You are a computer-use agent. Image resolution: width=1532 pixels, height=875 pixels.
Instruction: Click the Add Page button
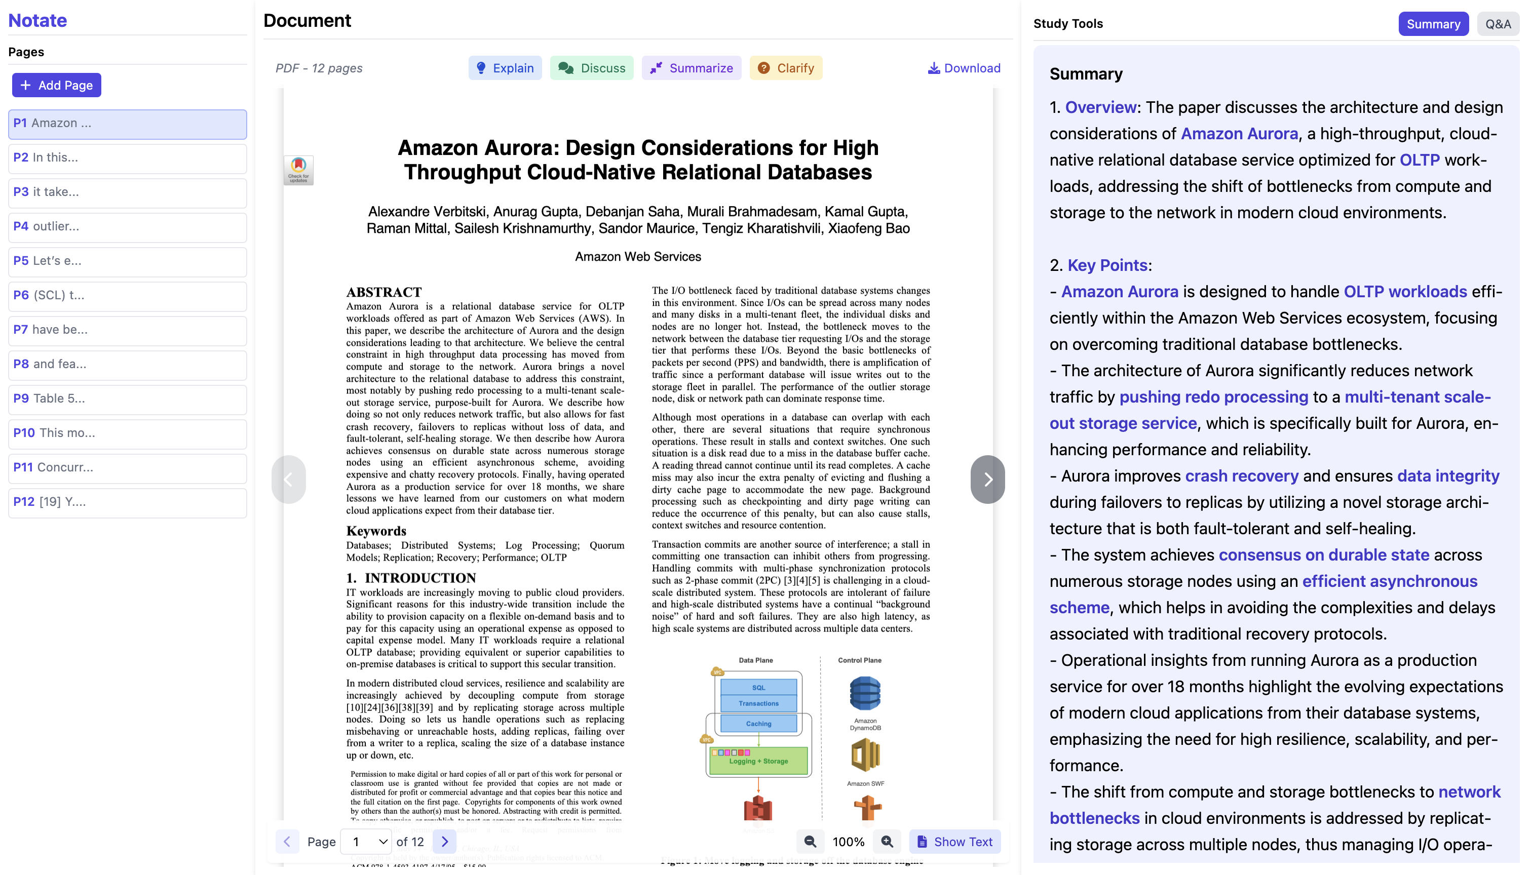[x=57, y=86]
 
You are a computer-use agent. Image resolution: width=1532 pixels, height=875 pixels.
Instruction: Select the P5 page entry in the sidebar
[x=128, y=261]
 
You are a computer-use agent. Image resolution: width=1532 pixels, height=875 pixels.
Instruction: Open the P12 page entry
[x=128, y=502]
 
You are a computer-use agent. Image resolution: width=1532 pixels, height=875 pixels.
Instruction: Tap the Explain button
[x=505, y=68]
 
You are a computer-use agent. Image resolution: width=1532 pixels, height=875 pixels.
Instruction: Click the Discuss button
[x=592, y=68]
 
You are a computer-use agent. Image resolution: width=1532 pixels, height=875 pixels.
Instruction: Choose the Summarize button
[x=691, y=68]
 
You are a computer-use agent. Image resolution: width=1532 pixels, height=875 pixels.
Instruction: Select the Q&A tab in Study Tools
[x=1497, y=24]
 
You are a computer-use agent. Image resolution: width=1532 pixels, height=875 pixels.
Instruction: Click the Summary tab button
[x=1433, y=24]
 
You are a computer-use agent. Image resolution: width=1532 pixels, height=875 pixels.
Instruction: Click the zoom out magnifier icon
[x=810, y=842]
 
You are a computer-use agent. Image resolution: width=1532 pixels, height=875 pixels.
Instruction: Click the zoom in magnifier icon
[x=887, y=842]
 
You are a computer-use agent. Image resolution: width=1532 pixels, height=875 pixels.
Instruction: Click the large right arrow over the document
[x=987, y=479]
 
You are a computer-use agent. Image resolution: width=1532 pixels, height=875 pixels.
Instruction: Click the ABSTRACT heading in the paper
[x=384, y=292]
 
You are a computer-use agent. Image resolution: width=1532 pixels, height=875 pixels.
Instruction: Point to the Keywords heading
[x=376, y=531]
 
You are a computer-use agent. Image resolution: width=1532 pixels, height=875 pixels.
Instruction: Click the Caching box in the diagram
[x=758, y=724]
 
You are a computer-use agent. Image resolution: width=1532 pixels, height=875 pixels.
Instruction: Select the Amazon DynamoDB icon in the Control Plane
[x=865, y=694]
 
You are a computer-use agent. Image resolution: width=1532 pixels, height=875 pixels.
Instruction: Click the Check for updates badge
[x=298, y=170]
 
